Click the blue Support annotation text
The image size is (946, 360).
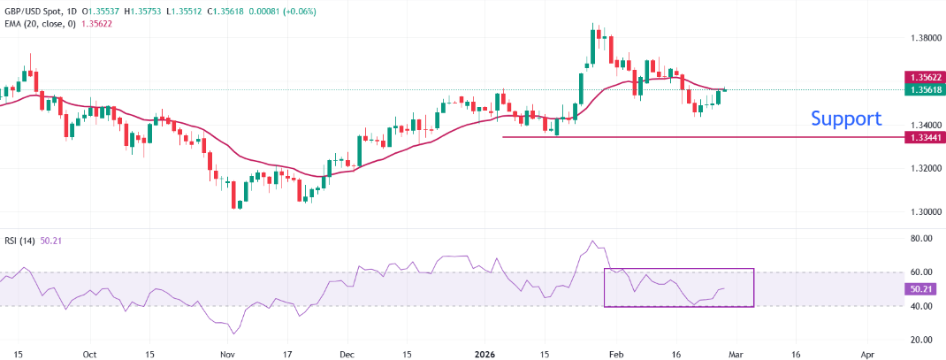click(x=845, y=119)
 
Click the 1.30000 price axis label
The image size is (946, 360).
click(x=925, y=212)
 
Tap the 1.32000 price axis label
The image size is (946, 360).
click(x=925, y=169)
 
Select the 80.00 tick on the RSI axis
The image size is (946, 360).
click(x=922, y=239)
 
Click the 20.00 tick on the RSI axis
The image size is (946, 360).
click(x=922, y=340)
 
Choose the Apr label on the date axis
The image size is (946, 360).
click(x=866, y=352)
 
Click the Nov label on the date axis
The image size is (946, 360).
click(x=227, y=352)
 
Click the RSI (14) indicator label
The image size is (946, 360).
click(x=23, y=239)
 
